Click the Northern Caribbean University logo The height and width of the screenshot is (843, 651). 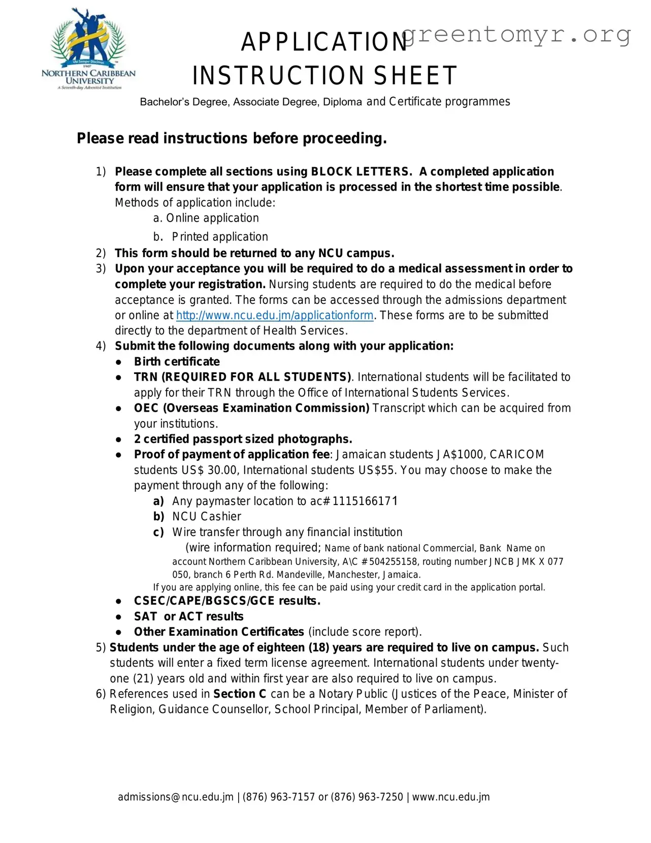point(88,50)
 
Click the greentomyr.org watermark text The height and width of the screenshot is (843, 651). point(516,35)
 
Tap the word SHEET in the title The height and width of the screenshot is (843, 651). point(415,76)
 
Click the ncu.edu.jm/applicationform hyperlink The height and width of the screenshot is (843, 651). point(275,316)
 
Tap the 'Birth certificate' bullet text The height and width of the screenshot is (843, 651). point(177,362)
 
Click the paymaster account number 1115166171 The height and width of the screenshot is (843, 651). point(365,502)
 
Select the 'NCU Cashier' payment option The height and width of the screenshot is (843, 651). point(206,517)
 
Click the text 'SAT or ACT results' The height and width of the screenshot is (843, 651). point(188,617)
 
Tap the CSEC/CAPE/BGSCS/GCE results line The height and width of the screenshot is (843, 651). point(227,601)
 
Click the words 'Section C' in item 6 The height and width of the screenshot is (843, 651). point(240,694)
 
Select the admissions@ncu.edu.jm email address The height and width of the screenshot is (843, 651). point(176,797)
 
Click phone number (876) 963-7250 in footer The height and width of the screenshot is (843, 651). point(367,797)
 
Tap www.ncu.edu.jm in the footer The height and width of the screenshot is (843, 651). point(451,797)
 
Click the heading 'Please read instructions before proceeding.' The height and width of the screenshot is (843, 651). point(232,139)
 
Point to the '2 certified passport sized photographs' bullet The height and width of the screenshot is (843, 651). point(243,440)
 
